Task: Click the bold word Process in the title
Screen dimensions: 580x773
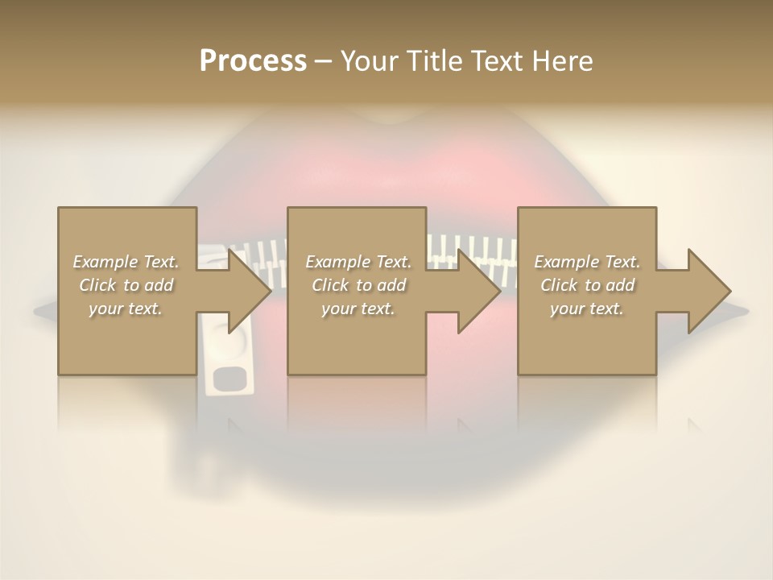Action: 253,60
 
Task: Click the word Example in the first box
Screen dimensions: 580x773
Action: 105,262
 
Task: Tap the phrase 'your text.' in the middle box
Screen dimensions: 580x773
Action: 358,309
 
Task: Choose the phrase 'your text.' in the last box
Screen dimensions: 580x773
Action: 586,309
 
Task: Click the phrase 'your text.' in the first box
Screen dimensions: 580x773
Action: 125,309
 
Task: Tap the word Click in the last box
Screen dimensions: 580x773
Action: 559,285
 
